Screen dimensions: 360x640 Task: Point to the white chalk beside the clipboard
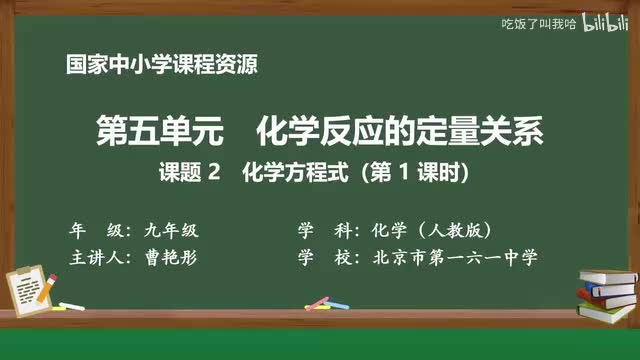71,304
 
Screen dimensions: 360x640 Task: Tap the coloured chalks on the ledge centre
318,302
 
